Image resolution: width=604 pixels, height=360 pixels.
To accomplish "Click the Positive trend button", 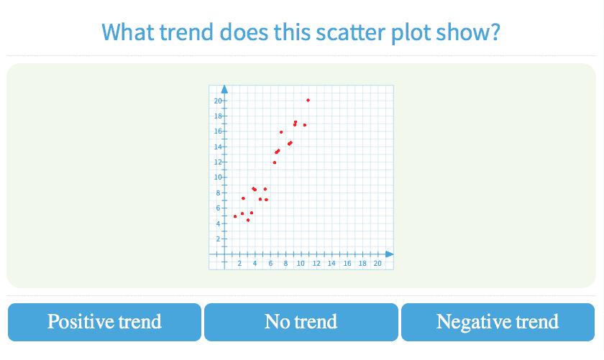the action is click(104, 322).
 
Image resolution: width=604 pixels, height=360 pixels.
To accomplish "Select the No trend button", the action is click(301, 322).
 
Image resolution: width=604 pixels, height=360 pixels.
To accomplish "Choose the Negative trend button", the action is click(498, 322).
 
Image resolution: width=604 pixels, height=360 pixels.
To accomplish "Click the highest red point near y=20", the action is click(308, 101).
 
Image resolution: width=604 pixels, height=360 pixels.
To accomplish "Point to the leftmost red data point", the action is click(235, 216).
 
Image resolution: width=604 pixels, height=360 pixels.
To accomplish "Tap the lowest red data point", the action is click(248, 220).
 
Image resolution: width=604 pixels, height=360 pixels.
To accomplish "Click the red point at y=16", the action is click(281, 132).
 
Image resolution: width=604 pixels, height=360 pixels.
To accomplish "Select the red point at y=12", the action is click(275, 162).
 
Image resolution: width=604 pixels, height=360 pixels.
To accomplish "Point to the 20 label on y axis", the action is click(218, 101).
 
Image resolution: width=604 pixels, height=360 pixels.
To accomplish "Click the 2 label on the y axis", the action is click(218, 239).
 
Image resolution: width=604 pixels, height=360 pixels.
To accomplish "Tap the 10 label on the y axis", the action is click(218, 177).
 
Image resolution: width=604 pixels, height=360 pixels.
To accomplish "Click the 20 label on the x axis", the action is click(377, 264).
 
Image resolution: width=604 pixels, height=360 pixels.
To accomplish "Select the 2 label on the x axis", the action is click(239, 264).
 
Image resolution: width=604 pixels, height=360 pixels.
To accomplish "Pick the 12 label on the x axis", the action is click(316, 264).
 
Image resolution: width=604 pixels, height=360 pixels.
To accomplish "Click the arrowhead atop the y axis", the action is click(224, 89).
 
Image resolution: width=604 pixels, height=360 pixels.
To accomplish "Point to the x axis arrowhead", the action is click(390, 254).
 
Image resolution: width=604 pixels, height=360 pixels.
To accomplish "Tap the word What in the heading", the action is click(127, 32).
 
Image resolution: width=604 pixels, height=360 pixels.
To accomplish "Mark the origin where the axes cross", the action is click(224, 254).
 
